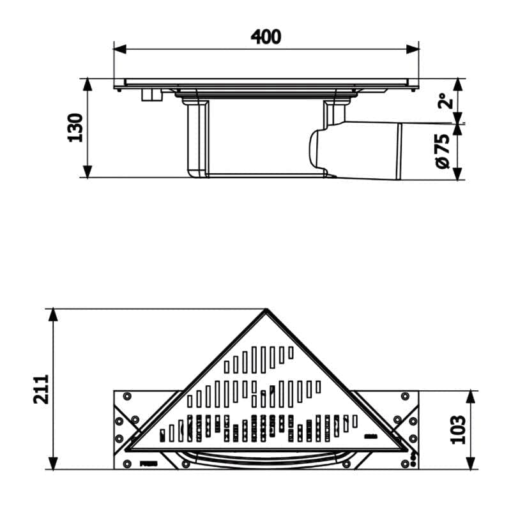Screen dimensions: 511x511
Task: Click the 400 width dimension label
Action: [x=266, y=37]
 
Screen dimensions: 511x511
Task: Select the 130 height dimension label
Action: [x=75, y=127]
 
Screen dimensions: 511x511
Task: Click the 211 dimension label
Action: [x=41, y=389]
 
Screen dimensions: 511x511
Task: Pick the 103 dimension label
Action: [x=458, y=429]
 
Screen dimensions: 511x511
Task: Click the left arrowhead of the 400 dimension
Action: [x=119, y=50]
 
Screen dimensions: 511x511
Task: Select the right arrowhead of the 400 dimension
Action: [x=413, y=50]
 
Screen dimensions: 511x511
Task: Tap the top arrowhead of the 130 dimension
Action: [x=88, y=84]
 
